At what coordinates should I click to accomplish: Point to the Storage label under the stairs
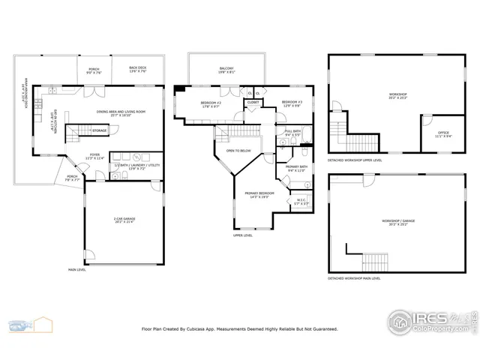[99, 130]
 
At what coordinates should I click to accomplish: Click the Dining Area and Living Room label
[121, 113]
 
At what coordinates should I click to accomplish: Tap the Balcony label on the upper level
[226, 70]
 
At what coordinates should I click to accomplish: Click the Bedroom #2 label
[211, 104]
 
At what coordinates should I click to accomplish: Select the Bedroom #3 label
[292, 103]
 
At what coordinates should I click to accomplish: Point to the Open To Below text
[238, 151]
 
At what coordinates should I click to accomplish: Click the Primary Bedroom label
[259, 195]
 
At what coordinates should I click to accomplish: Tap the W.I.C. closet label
[301, 201]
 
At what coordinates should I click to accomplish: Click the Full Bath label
[293, 133]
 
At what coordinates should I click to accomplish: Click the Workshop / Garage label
[397, 223]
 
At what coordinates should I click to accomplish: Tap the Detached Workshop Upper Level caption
[355, 160]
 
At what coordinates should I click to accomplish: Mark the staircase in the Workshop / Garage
[375, 262]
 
